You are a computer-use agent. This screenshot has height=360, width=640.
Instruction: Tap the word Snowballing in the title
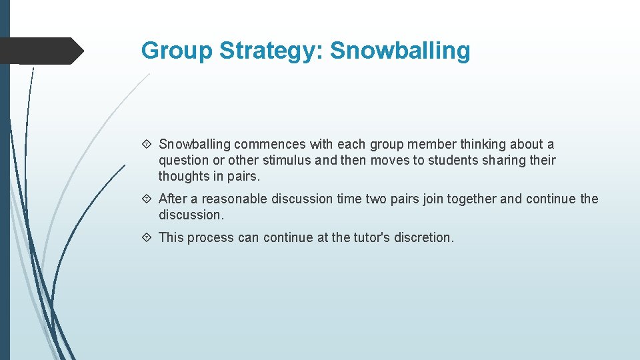400,51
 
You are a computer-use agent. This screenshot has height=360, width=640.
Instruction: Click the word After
173,199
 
